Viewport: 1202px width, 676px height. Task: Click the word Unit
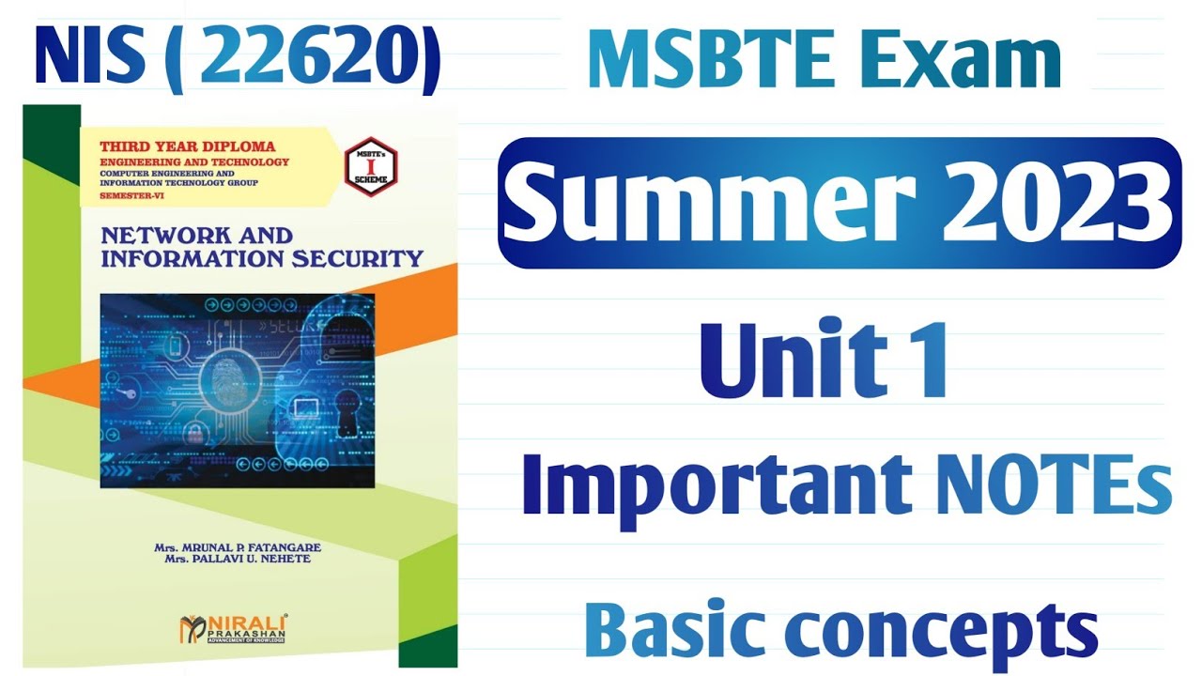[x=793, y=361]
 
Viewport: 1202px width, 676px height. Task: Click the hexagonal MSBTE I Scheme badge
[x=371, y=167]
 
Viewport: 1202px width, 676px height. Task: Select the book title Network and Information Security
[x=261, y=246]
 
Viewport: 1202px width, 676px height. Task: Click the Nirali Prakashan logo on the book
[x=235, y=628]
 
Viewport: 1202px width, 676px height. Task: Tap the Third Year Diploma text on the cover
[x=188, y=146]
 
